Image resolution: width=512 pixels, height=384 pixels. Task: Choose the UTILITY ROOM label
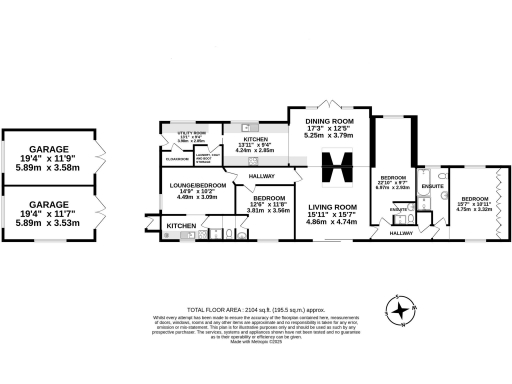click(x=192, y=133)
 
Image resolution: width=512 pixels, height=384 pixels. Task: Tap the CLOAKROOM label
click(x=177, y=158)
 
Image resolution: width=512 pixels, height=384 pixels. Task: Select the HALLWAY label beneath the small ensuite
click(x=400, y=233)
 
